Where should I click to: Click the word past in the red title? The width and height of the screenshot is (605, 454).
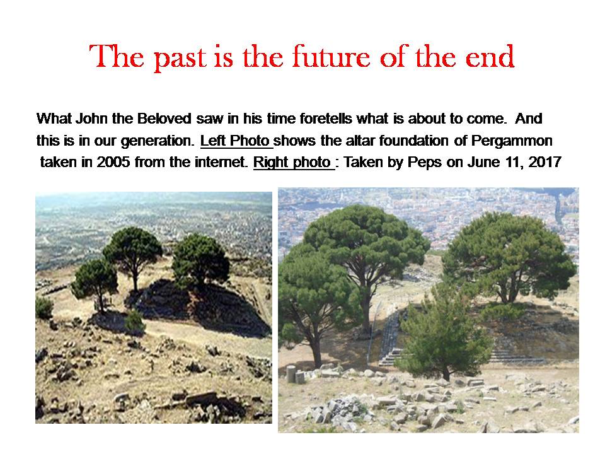[180, 58]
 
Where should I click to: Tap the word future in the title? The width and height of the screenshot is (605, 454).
[331, 56]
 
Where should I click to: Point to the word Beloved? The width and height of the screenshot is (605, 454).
[164, 119]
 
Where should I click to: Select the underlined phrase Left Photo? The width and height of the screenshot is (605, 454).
[235, 141]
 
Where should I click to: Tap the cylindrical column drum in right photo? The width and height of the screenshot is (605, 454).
[291, 373]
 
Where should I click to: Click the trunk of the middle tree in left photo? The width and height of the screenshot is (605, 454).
[135, 279]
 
